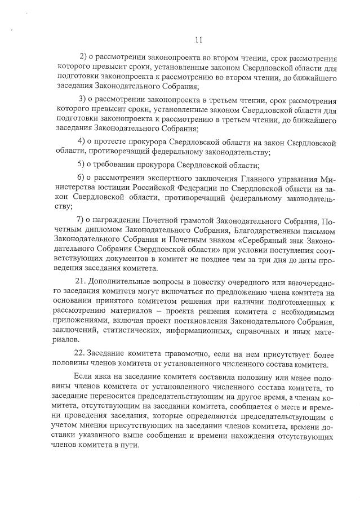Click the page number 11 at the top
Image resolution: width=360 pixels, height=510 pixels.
197,39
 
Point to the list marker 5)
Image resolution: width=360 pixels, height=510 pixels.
81,165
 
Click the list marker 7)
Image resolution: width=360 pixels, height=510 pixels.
81,219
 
